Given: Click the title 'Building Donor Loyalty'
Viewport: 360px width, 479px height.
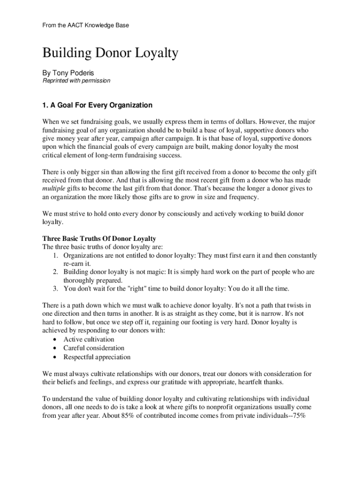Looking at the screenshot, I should coord(110,53).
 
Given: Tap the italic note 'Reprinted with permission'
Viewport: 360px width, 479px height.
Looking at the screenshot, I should coord(76,80).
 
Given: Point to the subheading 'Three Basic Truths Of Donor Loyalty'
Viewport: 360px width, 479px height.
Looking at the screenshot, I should coord(99,239).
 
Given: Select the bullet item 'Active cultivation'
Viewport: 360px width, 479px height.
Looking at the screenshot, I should coord(89,339).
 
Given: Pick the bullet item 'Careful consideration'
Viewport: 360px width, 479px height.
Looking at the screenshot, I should coord(94,348).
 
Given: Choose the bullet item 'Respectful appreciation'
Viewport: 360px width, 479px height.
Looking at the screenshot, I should coord(97,357).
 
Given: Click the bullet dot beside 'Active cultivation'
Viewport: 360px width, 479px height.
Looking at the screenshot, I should coord(56,340).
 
